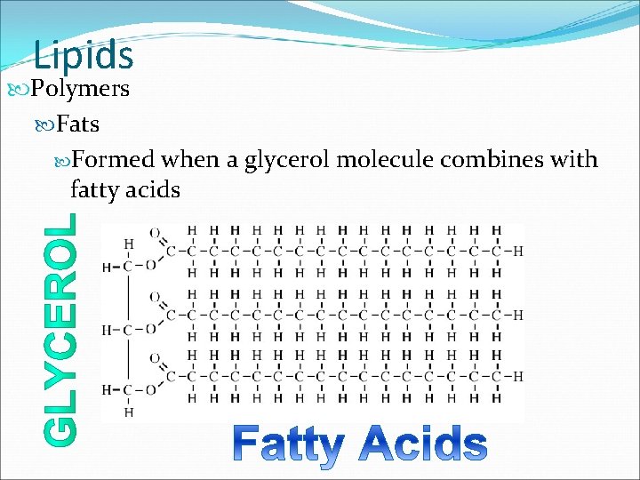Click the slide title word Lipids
pyautogui.click(x=84, y=55)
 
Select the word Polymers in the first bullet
pyautogui.click(x=80, y=90)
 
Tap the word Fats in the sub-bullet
pyautogui.click(x=77, y=125)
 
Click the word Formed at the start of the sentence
pyautogui.click(x=114, y=160)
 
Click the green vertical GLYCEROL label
pyautogui.click(x=60, y=327)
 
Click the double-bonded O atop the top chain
pyautogui.click(x=156, y=233)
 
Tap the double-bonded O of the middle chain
pyautogui.click(x=156, y=296)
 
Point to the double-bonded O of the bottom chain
pyautogui.click(x=156, y=357)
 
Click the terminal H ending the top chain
pyautogui.click(x=517, y=251)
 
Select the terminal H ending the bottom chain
pyautogui.click(x=517, y=376)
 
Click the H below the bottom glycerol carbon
pyautogui.click(x=130, y=412)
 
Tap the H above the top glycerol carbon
pyautogui.click(x=130, y=244)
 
